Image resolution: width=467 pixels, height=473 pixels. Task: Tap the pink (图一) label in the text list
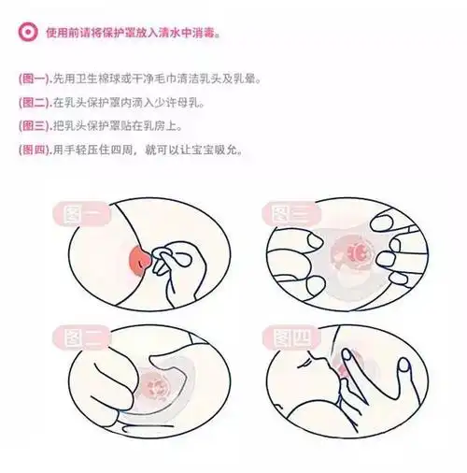[x=34, y=77]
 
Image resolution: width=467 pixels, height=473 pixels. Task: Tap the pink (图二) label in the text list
[x=34, y=100]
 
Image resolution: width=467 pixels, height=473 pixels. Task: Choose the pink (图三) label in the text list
[x=34, y=123]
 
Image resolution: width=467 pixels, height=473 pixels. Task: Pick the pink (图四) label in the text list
[x=34, y=148]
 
